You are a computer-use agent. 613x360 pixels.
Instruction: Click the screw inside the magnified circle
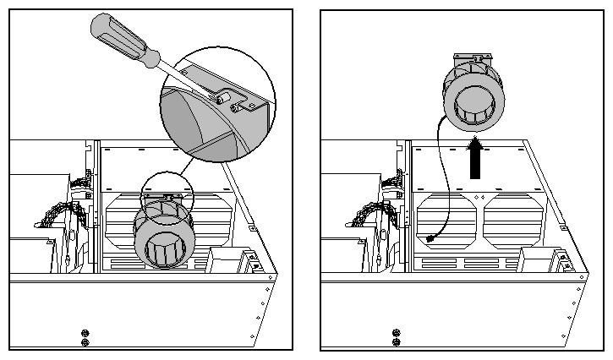pos(226,100)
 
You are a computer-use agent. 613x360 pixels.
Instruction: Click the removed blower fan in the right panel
pos(475,93)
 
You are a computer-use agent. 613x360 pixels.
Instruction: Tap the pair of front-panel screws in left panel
pos(83,336)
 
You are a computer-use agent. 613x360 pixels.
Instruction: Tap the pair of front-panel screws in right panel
pos(394,336)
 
